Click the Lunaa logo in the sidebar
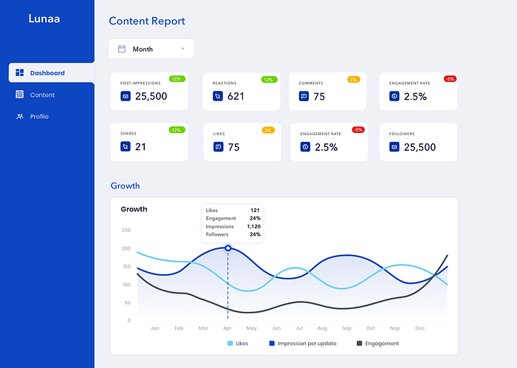coord(44,18)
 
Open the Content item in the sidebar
coord(42,95)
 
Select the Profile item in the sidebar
coord(39,117)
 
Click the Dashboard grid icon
coord(20,72)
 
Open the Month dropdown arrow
coord(183,49)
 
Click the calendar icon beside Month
coord(122,49)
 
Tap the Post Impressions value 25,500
coord(151,96)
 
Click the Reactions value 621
coord(236,96)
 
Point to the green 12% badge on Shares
coord(177,130)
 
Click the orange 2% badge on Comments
coord(354,80)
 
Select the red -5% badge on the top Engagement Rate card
coord(450,79)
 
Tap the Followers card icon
coord(394,147)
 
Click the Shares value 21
coord(140,147)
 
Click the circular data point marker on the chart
coord(227,248)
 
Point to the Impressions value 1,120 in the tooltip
coord(254,227)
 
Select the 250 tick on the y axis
coord(126,230)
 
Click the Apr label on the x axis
coord(227,328)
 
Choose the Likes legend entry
coord(238,344)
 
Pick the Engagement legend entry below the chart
coord(378,344)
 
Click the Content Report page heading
coord(147,21)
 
